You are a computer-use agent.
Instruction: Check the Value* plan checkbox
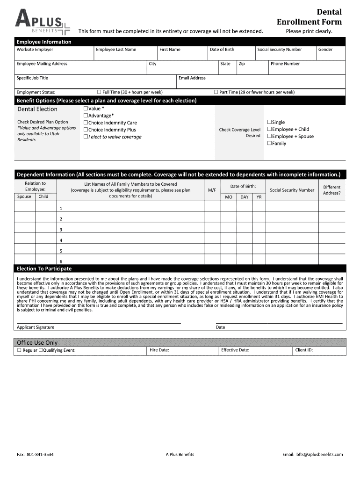tap(86, 109)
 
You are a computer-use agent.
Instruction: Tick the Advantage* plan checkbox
tap(86, 116)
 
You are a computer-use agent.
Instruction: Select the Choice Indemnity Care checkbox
tap(86, 123)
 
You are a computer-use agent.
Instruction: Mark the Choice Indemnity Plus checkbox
tap(86, 130)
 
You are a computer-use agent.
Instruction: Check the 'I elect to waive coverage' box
tap(86, 137)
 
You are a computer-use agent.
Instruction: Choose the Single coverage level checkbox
tap(269, 122)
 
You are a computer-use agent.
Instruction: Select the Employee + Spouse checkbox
tap(269, 136)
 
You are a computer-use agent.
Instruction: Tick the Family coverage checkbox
tap(269, 143)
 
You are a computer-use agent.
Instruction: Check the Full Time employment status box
tap(99, 92)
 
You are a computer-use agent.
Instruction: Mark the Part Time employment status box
tap(216, 92)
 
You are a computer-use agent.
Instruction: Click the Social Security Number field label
tap(280, 50)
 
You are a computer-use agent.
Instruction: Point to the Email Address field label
tap(192, 78)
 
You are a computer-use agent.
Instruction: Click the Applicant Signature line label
tap(36, 327)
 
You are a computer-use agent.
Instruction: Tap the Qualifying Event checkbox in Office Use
tap(41, 350)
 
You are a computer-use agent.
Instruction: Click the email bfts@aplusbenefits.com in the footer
tap(319, 454)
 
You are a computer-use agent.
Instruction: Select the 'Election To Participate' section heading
tap(44, 269)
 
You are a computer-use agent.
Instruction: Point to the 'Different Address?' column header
tap(332, 190)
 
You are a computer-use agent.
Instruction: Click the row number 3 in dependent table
tap(61, 230)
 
